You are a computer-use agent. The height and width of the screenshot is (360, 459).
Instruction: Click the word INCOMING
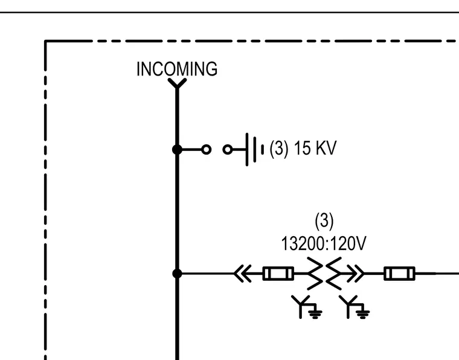tap(177, 69)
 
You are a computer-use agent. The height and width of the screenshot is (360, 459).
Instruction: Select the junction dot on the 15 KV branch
tap(177, 150)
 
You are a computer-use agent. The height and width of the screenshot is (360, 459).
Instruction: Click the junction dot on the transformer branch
tap(177, 274)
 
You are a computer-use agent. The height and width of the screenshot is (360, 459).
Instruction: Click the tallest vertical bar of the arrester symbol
tap(247, 150)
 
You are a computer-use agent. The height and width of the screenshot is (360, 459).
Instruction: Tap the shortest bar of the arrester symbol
tap(262, 150)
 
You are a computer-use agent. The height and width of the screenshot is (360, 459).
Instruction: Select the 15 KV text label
tap(315, 148)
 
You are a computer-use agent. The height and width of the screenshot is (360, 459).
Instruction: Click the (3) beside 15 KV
tap(278, 148)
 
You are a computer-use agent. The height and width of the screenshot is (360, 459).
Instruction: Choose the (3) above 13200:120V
tap(324, 220)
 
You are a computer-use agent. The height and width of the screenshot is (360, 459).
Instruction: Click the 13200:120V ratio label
tap(324, 243)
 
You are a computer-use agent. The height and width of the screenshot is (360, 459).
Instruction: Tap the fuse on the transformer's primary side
tap(278, 274)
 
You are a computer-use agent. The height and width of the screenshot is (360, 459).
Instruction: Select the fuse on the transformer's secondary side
tap(399, 274)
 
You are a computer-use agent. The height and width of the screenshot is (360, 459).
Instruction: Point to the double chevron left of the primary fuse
tap(243, 274)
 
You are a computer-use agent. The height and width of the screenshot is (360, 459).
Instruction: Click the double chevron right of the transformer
tap(356, 274)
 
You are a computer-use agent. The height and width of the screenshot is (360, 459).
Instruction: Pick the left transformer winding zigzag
tap(315, 274)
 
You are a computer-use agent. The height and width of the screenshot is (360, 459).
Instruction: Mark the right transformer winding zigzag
tap(334, 274)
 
